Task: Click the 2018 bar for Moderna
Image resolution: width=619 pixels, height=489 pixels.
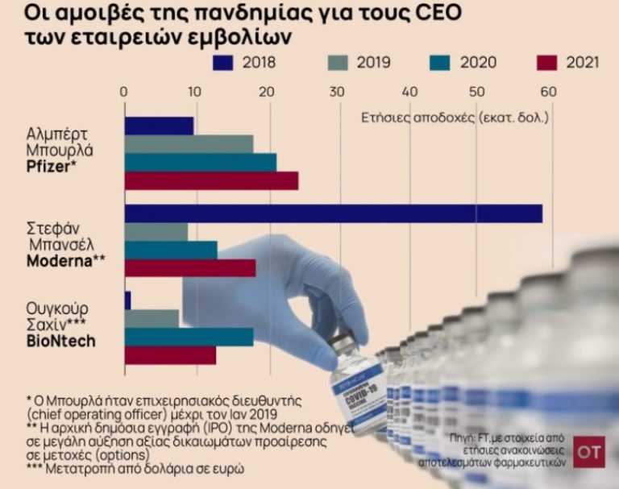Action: tap(333, 213)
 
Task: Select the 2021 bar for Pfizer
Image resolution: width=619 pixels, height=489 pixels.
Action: tap(211, 180)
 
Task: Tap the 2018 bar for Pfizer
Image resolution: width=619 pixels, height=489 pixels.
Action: tap(159, 126)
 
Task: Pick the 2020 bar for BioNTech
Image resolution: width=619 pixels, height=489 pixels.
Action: tap(189, 337)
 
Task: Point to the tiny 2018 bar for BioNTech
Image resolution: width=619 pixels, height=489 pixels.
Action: tap(127, 300)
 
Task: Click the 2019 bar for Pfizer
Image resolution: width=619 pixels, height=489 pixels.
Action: tap(189, 144)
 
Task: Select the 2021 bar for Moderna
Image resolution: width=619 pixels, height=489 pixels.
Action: tap(190, 267)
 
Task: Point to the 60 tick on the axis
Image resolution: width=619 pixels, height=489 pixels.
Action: tap(549, 90)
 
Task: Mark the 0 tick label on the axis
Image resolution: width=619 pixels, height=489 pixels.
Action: tap(123, 90)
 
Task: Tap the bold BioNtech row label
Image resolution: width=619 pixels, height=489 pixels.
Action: tap(60, 342)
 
